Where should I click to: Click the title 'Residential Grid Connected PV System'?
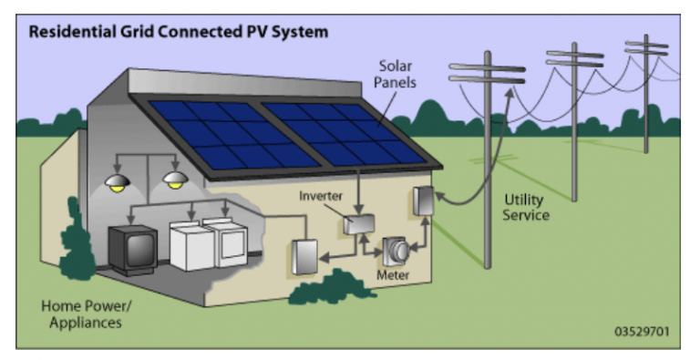178,32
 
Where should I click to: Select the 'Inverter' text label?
322,196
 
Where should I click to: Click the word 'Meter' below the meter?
394,274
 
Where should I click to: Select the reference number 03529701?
640,331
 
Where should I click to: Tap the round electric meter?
396,250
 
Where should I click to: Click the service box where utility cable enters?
424,201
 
